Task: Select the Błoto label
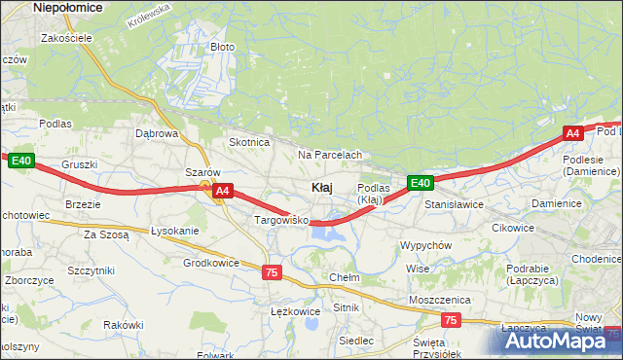coord(222,46)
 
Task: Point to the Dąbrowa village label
coord(157,133)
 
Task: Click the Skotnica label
coord(248,142)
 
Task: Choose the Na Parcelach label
coord(330,155)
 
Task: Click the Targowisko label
coord(281,221)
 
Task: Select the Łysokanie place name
coord(174,231)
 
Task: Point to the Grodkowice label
coord(211,263)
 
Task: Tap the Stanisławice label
coord(454,205)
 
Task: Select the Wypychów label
coord(425,245)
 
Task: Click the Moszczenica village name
coord(440,300)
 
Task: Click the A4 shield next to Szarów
coord(223,192)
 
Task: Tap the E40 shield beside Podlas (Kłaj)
coord(420,183)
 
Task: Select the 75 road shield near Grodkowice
coord(272,273)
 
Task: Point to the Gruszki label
coord(79,164)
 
